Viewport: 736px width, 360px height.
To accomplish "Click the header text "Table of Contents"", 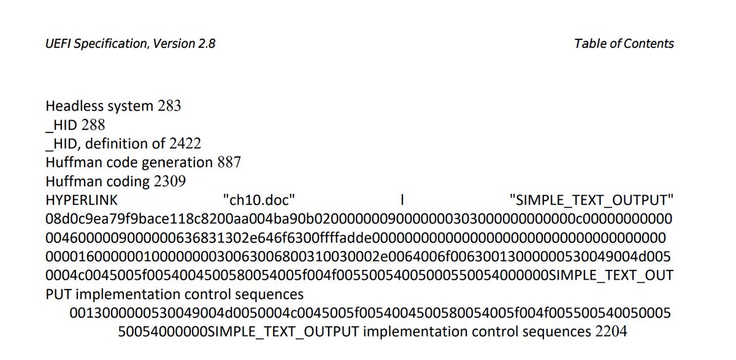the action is pyautogui.click(x=624, y=44).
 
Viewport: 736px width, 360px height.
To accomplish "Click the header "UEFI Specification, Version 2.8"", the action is pyautogui.click(x=130, y=44).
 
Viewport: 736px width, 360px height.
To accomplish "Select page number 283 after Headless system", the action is pyautogui.click(x=169, y=106).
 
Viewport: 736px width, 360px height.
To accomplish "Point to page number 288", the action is pyautogui.click(x=93, y=125).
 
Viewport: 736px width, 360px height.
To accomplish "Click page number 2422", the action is pyautogui.click(x=185, y=144).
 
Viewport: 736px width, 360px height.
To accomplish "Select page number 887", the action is pyautogui.click(x=229, y=163).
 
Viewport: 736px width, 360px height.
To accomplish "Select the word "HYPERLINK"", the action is pyautogui.click(x=82, y=201).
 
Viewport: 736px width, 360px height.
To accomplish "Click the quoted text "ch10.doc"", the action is pyautogui.click(x=260, y=201).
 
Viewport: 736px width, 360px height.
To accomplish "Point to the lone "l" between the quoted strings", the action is pyautogui.click(x=402, y=201).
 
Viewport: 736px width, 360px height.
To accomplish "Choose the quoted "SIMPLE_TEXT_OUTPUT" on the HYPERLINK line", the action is pyautogui.click(x=591, y=201).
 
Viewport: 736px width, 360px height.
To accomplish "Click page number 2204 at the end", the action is pyautogui.click(x=611, y=332).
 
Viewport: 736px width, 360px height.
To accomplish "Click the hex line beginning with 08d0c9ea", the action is pyautogui.click(x=359, y=219).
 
